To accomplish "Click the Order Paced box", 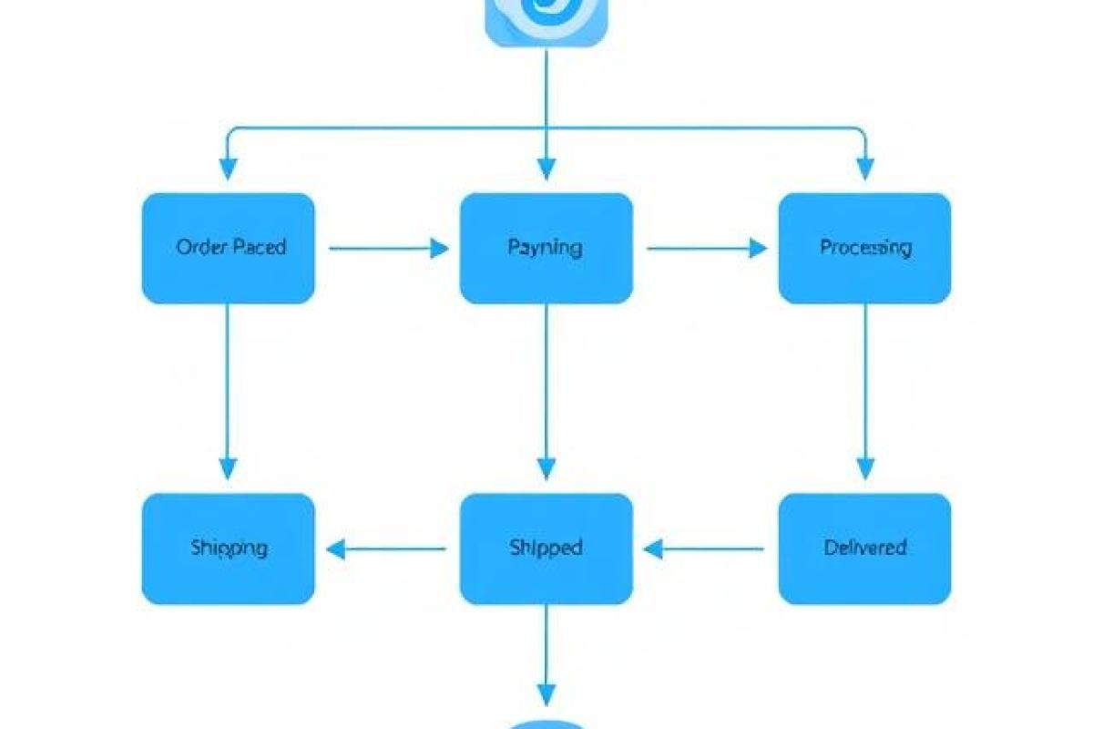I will (228, 248).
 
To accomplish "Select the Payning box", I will (546, 248).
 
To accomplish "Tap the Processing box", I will (864, 248).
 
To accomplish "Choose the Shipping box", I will (228, 549).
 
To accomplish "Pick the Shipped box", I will (546, 549).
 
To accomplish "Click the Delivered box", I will (864, 549).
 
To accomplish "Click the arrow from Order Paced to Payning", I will (388, 248).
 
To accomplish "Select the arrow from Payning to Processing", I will (706, 248).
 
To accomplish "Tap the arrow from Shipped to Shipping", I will (386, 549).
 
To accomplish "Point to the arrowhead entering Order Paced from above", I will (228, 169).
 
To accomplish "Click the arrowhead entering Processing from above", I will (864, 169).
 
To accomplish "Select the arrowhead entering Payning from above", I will (546, 169).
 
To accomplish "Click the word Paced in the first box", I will (260, 248).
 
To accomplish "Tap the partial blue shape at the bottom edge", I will (546, 724).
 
